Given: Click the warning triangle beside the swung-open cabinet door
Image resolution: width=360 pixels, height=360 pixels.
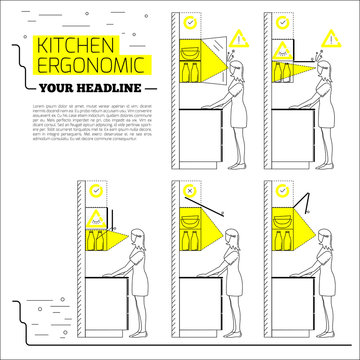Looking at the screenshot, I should [237, 39].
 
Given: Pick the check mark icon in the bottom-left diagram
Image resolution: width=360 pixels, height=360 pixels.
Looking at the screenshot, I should [95, 189].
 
